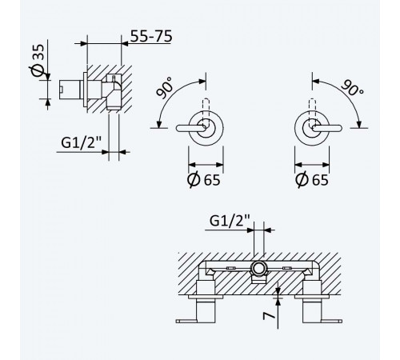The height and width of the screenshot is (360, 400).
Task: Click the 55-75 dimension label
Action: click(x=151, y=36)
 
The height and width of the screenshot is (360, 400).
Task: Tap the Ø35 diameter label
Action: click(x=37, y=60)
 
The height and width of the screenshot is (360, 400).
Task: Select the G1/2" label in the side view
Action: click(x=82, y=142)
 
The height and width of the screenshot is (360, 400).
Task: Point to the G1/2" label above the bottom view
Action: click(x=230, y=221)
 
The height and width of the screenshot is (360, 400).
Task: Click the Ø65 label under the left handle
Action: click(x=204, y=179)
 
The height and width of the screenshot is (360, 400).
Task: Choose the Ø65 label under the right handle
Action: click(x=312, y=179)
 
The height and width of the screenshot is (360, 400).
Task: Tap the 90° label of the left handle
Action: click(x=165, y=88)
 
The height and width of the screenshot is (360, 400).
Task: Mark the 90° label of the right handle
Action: click(x=353, y=87)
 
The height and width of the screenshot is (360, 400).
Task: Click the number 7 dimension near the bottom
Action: click(x=269, y=316)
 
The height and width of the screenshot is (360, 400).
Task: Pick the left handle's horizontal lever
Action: click(x=191, y=128)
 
